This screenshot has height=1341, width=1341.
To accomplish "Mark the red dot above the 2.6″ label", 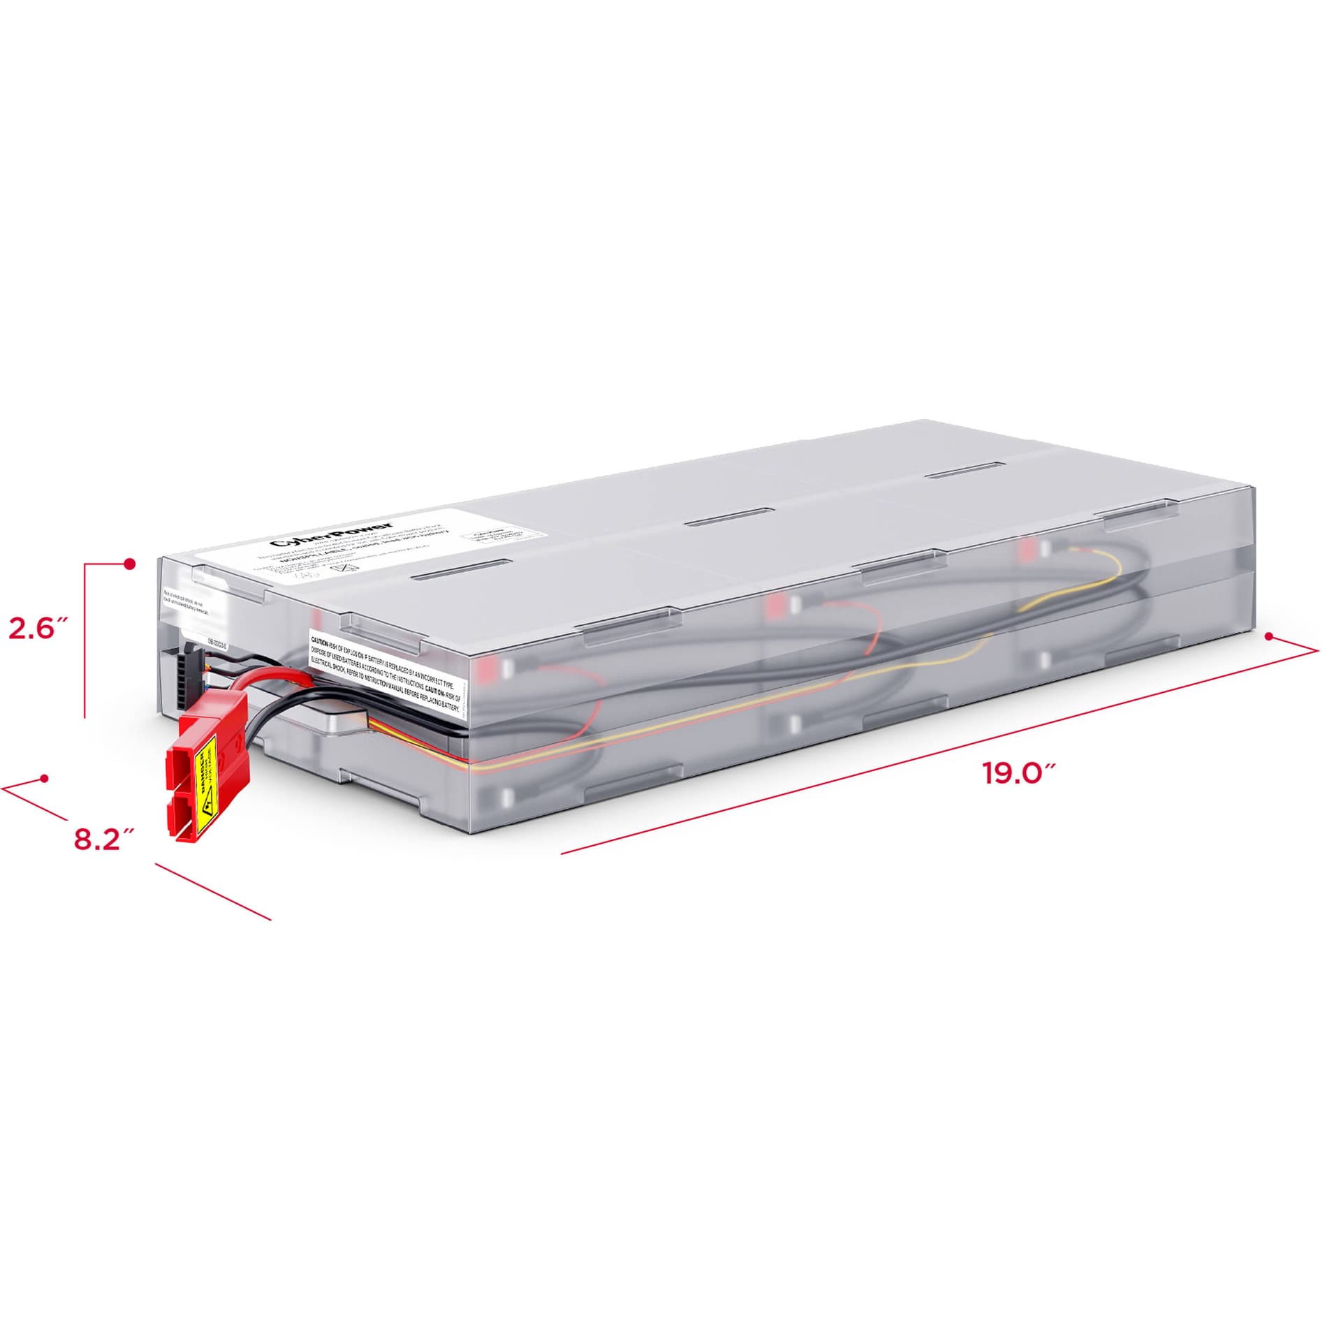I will [129, 564].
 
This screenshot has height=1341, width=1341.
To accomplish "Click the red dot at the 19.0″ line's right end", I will [1270, 636].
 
